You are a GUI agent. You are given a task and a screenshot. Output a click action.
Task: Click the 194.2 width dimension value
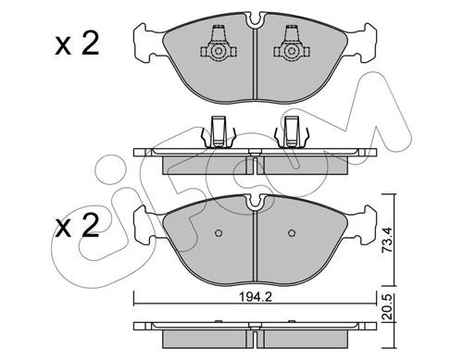[256, 297]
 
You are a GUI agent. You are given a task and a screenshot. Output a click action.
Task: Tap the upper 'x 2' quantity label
[77, 44]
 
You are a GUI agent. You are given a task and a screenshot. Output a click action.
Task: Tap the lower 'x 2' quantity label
[77, 226]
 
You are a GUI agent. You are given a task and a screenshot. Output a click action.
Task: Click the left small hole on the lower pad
[219, 233]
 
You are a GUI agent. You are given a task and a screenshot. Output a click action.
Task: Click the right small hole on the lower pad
[292, 233]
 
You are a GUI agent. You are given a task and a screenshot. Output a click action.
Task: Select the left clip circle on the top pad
[219, 51]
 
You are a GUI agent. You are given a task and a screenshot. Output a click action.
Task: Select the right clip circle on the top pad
[292, 51]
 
